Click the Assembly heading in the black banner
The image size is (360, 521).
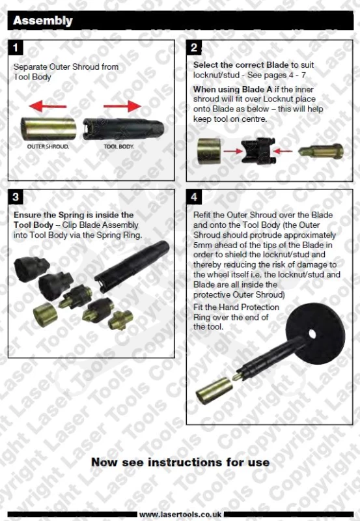point(42,21)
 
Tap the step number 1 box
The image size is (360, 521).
point(15,48)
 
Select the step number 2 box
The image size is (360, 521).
point(193,48)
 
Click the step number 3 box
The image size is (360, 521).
point(15,197)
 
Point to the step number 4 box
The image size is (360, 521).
point(193,197)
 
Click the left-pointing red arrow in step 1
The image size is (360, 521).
point(48,106)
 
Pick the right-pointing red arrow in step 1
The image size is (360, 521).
point(122,106)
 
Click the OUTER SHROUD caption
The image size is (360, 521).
point(48,147)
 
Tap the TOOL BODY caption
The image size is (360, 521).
point(118,147)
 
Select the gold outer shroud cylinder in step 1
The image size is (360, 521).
point(48,128)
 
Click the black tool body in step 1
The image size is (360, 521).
point(123,128)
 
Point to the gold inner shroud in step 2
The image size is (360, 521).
point(209,151)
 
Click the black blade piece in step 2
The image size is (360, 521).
point(258,151)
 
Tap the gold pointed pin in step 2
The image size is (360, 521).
point(321,151)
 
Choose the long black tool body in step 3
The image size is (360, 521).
point(132,266)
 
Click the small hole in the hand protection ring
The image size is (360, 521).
point(312,333)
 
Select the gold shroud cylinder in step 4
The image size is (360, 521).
point(214,390)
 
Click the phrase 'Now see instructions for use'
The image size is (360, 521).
point(180,462)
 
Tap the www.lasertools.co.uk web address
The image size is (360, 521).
point(180,514)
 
